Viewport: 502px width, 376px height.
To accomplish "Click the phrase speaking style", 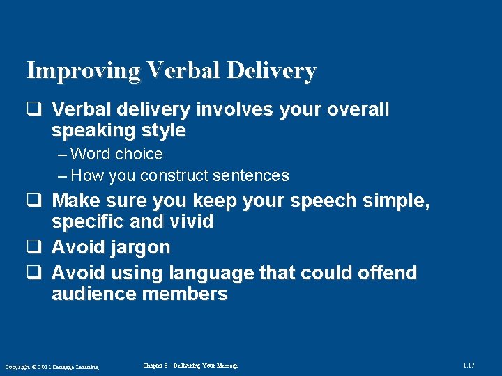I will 119,131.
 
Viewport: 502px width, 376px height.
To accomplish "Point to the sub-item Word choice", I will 116,154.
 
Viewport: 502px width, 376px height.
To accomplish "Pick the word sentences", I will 254,175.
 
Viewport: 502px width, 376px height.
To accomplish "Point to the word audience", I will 94,294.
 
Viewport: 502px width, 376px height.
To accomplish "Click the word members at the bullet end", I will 185,294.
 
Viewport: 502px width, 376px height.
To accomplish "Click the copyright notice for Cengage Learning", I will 52,367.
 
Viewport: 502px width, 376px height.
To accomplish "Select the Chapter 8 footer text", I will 190,366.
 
